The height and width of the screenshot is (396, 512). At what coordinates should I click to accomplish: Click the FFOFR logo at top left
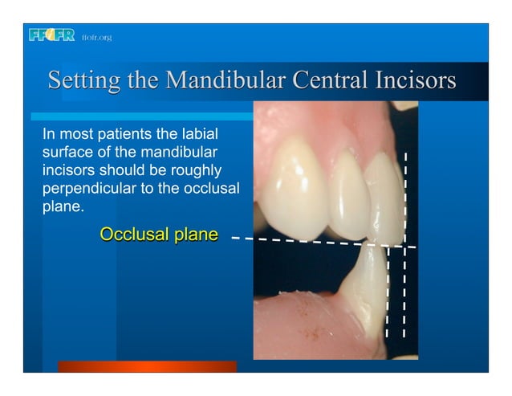[x=51, y=36]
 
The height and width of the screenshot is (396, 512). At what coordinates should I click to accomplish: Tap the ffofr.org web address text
[x=96, y=38]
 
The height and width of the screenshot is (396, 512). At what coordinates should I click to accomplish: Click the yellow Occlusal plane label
[x=159, y=235]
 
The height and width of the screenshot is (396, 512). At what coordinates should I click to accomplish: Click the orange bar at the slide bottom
[x=147, y=366]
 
